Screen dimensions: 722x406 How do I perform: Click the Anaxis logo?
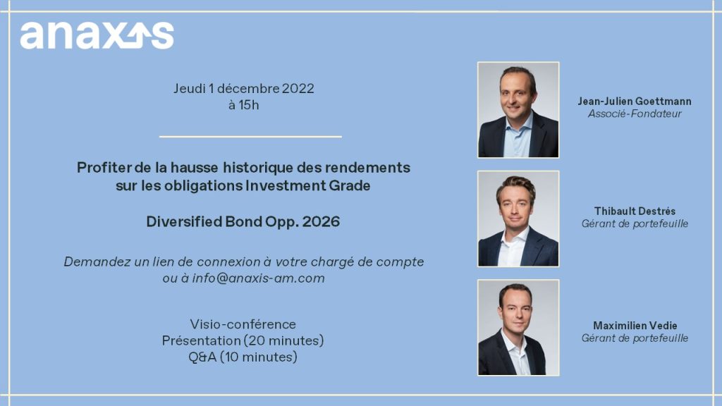point(97,35)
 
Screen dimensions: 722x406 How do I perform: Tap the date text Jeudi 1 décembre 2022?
point(243,88)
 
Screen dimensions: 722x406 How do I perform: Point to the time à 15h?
point(243,105)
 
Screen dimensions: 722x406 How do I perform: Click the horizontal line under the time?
point(250,136)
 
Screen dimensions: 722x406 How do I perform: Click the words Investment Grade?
point(307,185)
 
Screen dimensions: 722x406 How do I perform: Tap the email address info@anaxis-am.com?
point(258,278)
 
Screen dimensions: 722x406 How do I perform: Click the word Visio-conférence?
point(243,324)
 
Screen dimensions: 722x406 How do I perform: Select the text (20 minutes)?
point(283,340)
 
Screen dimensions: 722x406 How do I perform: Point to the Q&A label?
point(202,357)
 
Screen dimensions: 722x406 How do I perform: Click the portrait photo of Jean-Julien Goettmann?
point(518,110)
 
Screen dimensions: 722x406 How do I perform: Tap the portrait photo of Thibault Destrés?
point(518,219)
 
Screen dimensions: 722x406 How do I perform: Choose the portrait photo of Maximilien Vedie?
point(518,328)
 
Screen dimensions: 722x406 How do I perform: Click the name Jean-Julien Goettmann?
point(635,101)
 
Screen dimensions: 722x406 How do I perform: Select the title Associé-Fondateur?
point(635,113)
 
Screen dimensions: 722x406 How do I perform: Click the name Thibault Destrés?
point(635,211)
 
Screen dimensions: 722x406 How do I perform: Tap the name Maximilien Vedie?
point(635,326)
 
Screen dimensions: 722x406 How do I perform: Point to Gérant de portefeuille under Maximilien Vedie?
point(635,338)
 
